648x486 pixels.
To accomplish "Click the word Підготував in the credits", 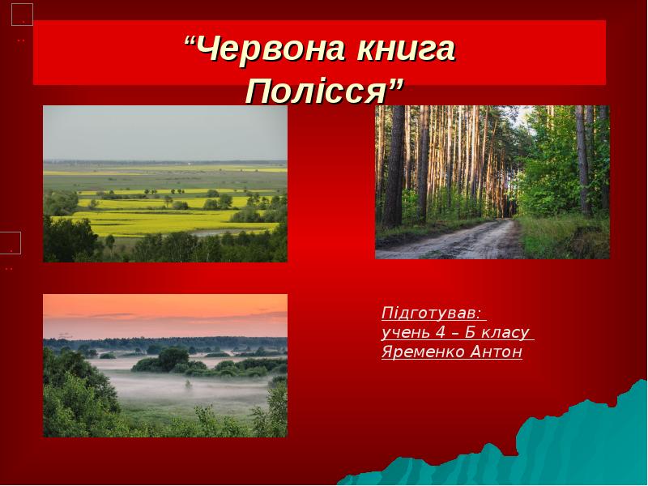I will [430, 313].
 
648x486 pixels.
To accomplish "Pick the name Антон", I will [496, 352].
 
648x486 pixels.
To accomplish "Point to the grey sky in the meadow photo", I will [162, 130].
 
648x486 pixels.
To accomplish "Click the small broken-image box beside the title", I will [22, 15].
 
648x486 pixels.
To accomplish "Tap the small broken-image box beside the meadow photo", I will [10, 242].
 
